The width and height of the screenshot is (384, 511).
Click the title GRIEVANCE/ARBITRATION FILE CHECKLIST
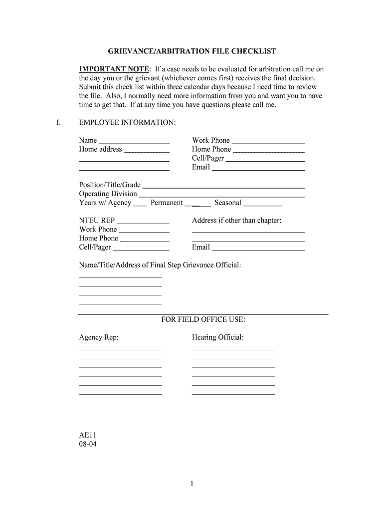pyautogui.click(x=192, y=51)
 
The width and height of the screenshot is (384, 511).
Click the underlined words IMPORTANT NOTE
pyautogui.click(x=114, y=69)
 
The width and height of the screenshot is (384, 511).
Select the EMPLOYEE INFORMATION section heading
pyautogui.click(x=127, y=122)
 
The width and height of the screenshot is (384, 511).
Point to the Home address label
pyautogui.click(x=100, y=149)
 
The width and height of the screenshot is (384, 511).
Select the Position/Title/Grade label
pyautogui.click(x=110, y=185)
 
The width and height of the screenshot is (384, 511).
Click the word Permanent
pyautogui.click(x=167, y=203)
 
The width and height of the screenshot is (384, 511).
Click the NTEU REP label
pyautogui.click(x=97, y=221)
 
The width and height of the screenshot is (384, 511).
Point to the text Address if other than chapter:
pyautogui.click(x=237, y=221)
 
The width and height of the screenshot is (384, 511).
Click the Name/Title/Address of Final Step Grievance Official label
pyautogui.click(x=160, y=265)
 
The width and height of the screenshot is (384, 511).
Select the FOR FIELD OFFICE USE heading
pyautogui.click(x=203, y=320)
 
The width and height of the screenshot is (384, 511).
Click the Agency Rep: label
pyautogui.click(x=99, y=338)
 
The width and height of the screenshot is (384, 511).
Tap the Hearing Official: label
pyautogui.click(x=218, y=338)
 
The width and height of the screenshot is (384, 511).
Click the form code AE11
pyautogui.click(x=87, y=435)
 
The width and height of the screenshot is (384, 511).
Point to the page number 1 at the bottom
pyautogui.click(x=192, y=484)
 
